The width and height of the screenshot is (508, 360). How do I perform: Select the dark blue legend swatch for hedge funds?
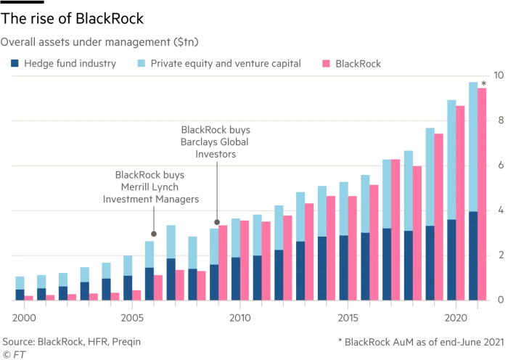(x=15, y=65)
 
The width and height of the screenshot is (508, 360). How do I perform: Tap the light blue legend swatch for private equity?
(x=142, y=65)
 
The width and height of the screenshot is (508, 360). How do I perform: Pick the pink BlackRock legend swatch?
(x=326, y=65)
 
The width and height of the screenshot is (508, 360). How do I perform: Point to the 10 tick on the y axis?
(x=498, y=75)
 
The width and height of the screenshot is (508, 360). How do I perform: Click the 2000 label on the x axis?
(x=23, y=318)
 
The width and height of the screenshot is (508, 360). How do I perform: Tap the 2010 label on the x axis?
(x=239, y=318)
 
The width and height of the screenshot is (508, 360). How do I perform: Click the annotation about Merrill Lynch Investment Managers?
(x=152, y=187)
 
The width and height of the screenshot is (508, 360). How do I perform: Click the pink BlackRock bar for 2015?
(x=353, y=247)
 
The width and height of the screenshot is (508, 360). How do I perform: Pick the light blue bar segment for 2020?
(x=451, y=160)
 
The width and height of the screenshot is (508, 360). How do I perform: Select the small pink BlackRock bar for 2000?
(x=29, y=297)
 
